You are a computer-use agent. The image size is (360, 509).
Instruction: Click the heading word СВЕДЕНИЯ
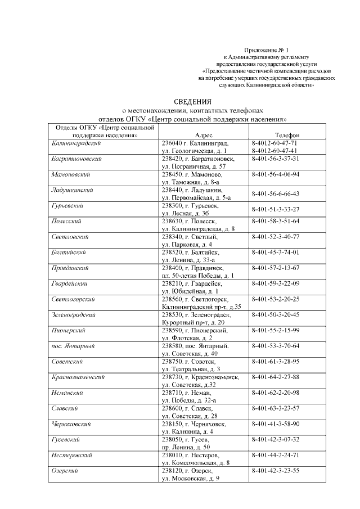point(192,102)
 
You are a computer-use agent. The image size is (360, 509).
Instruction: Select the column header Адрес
point(203,136)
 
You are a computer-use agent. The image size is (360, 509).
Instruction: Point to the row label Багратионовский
point(76,159)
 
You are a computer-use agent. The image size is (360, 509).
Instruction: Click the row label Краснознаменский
point(78,377)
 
